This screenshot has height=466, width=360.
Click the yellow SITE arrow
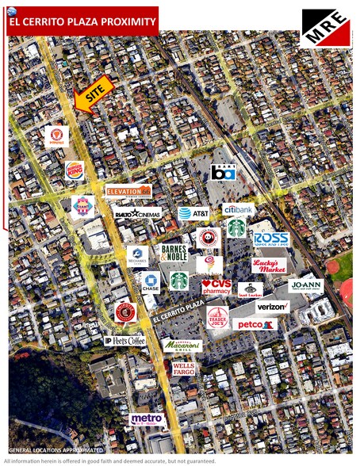94,97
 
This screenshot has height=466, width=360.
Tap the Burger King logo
75,170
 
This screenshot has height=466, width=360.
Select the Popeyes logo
56,136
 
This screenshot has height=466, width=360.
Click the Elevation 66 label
128,191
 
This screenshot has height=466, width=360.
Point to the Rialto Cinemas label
137,212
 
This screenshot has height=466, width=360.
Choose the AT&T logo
193,212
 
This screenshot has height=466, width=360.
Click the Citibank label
238,210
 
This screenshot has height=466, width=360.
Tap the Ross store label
271,239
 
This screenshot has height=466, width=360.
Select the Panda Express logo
209,237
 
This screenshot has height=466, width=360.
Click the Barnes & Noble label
174,253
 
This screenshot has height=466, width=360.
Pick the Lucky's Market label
270,265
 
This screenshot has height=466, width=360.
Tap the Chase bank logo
150,281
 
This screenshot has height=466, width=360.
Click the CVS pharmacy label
216,286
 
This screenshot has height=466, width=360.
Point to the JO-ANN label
306,285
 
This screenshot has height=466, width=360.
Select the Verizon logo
273,307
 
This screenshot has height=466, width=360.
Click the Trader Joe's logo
217,318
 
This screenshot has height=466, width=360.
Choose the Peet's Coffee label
125,341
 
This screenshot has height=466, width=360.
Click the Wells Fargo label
184,369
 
